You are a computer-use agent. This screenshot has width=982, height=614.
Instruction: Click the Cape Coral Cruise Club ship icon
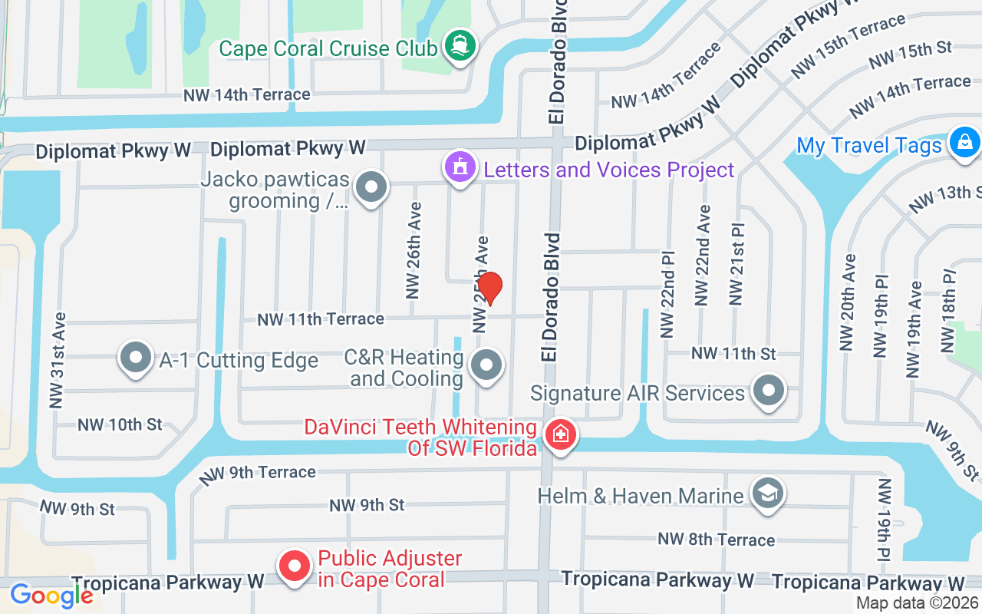[x=460, y=48]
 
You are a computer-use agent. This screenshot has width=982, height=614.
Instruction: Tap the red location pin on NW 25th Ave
[x=490, y=288]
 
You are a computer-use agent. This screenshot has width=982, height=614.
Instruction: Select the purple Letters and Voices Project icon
[x=460, y=168]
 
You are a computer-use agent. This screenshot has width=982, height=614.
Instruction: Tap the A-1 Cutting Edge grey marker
[x=137, y=359]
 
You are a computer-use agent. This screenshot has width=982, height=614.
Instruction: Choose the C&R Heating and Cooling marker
[x=486, y=367]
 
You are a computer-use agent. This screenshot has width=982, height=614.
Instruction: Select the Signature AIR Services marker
[x=768, y=392]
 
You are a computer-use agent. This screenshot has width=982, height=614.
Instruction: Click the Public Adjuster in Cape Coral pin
[x=294, y=568]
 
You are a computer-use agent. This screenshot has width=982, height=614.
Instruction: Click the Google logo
[x=51, y=595]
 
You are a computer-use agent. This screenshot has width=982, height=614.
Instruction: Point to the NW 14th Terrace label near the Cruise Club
[x=246, y=95]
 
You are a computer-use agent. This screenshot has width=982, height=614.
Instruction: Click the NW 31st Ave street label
[x=58, y=359]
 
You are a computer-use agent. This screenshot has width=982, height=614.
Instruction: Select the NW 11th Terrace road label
[x=321, y=319]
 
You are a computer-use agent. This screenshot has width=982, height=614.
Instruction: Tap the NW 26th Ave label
[x=414, y=250]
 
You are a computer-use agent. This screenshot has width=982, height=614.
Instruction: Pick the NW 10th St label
[x=120, y=424]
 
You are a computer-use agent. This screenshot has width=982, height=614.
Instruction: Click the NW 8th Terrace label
[x=716, y=540]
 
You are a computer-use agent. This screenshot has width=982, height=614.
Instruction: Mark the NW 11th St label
[x=733, y=354]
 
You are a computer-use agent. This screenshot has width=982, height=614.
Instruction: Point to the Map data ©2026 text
[x=917, y=603]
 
